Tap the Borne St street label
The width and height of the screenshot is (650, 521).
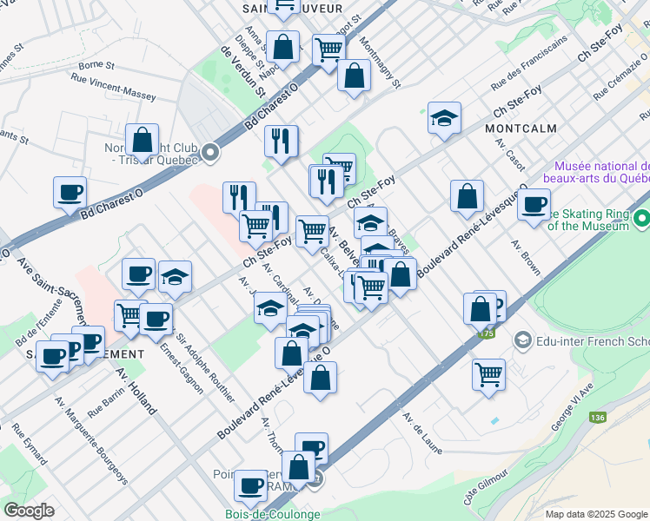(x=96, y=65)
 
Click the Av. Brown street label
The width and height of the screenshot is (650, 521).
(x=527, y=258)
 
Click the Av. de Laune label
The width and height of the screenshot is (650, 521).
(x=422, y=432)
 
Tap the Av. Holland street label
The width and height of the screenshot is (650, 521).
(x=132, y=389)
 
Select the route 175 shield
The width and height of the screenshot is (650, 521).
(x=486, y=333)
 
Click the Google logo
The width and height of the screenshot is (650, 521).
(x=30, y=510)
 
